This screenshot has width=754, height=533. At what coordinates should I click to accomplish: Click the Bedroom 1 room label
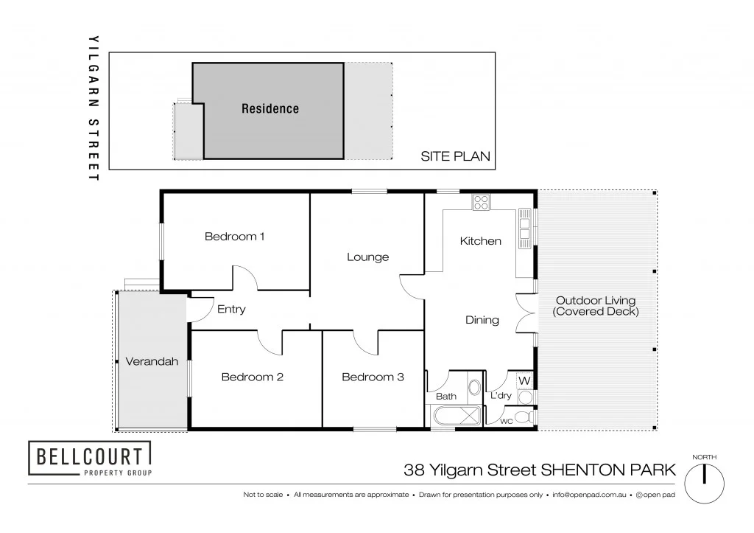click(x=234, y=237)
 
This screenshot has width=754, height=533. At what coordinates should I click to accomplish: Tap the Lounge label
click(x=367, y=257)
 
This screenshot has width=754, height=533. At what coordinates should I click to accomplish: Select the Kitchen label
click(x=480, y=241)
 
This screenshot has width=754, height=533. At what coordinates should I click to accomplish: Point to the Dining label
click(x=482, y=320)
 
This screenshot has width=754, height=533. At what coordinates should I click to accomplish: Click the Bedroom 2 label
click(x=253, y=377)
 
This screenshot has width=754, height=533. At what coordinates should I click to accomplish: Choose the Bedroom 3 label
click(x=373, y=377)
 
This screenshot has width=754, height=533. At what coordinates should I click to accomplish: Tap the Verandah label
click(x=152, y=362)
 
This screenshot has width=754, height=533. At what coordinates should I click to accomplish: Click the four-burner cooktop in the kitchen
click(x=481, y=202)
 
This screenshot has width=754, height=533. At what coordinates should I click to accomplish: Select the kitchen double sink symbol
click(x=525, y=227)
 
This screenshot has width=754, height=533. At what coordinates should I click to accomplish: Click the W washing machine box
click(x=525, y=380)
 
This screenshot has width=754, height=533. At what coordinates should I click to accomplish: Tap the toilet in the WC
click(x=524, y=417)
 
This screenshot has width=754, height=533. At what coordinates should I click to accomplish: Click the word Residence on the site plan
click(x=270, y=109)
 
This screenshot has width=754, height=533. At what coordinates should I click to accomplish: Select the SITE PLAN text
click(x=455, y=156)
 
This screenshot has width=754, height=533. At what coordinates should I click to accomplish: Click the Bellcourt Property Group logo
click(x=90, y=459)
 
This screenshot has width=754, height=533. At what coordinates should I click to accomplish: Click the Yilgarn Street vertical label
click(x=93, y=107)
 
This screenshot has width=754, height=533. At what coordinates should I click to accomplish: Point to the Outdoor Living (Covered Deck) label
click(x=595, y=306)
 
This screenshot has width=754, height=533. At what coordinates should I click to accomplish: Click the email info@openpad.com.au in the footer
click(x=590, y=495)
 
